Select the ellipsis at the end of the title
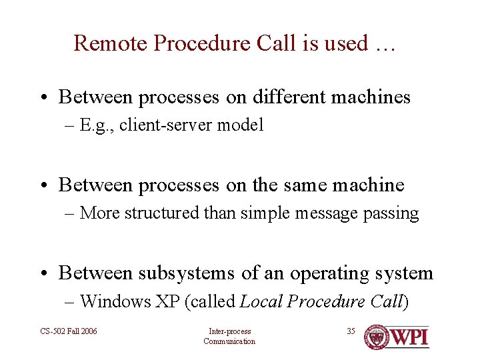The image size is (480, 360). [x=385, y=45]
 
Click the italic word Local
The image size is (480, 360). [x=261, y=301]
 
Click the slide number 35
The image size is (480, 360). [x=351, y=331]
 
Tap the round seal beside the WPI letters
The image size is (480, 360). [x=377, y=337]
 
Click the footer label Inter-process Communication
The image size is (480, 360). [x=229, y=337]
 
